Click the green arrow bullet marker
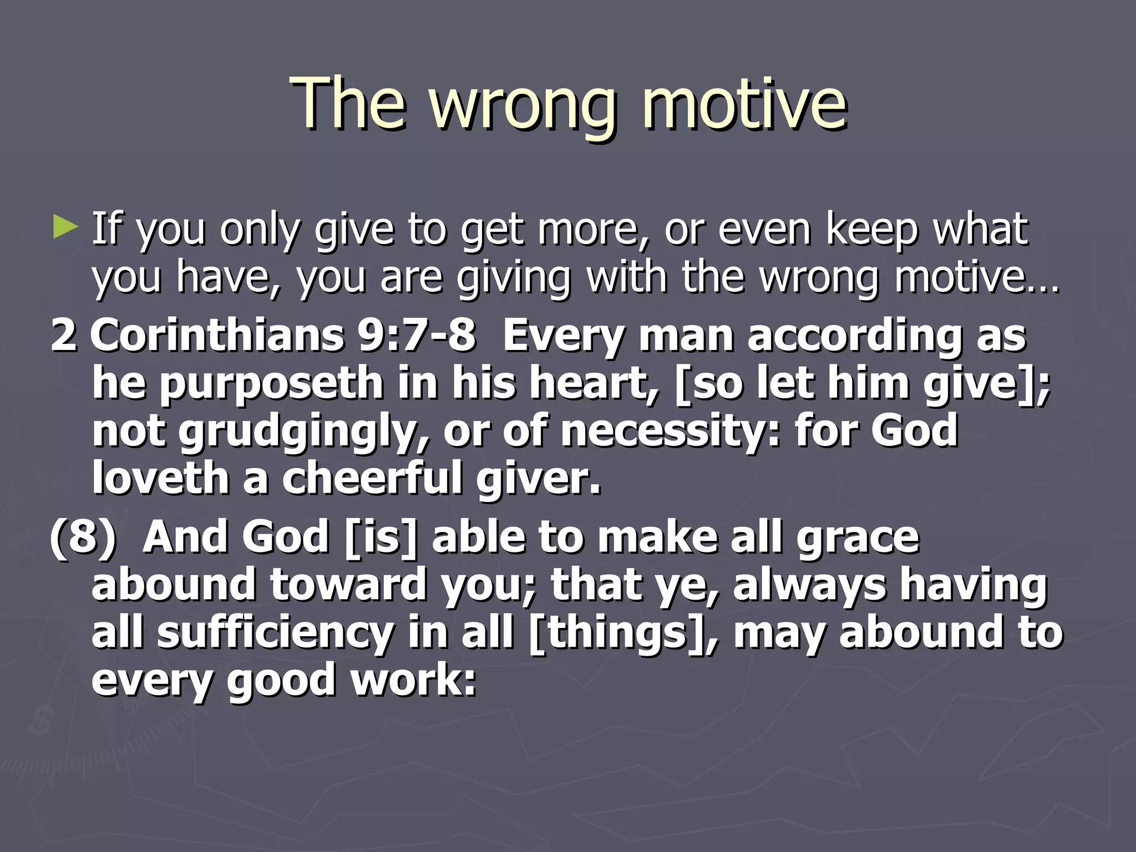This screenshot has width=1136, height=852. click(x=65, y=228)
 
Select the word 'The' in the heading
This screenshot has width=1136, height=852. click(x=348, y=103)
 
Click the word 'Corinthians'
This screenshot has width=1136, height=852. click(x=217, y=336)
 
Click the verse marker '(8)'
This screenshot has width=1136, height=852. click(x=83, y=537)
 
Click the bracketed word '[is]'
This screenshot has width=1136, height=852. click(x=380, y=537)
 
